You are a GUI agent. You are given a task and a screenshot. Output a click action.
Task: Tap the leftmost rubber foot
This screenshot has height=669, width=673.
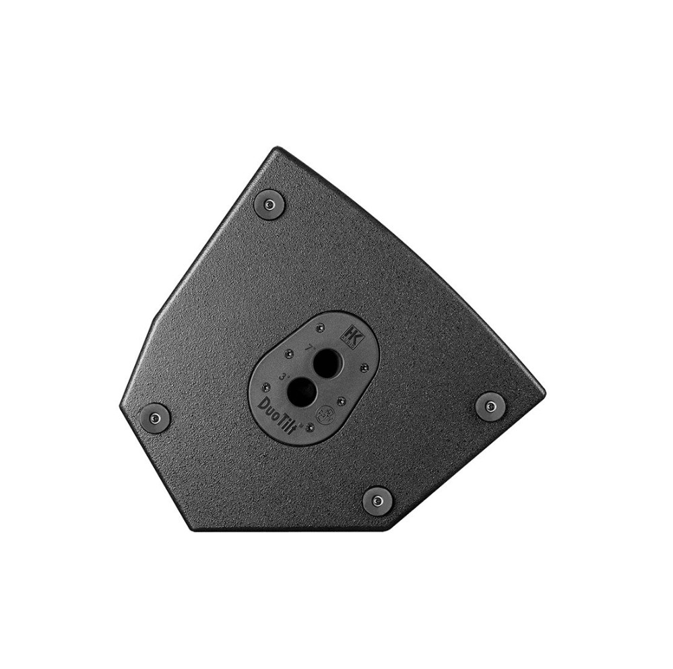(x=156, y=416)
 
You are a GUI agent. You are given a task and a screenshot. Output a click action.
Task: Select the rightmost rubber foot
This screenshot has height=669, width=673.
(x=490, y=405)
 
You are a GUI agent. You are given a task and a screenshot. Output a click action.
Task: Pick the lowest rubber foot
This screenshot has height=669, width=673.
(x=377, y=500)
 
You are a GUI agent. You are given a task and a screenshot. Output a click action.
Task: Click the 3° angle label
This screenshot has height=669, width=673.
(x=282, y=377)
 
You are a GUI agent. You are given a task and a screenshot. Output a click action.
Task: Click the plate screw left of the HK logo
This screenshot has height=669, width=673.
(x=319, y=328)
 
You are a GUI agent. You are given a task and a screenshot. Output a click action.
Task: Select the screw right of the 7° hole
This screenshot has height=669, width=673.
(x=364, y=367)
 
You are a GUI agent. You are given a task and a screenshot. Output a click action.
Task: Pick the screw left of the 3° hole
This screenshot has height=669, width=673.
(x=266, y=387)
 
